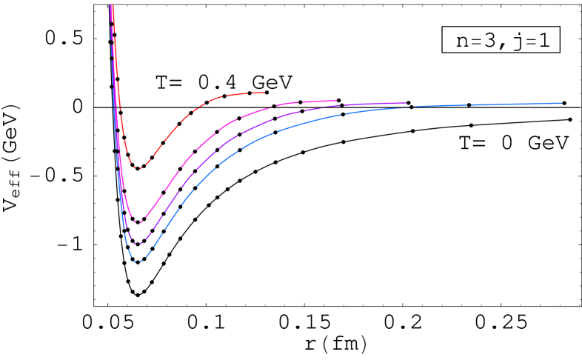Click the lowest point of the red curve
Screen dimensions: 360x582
point(138,168)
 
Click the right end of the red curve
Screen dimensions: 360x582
point(265,93)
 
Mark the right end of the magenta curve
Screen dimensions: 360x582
point(337,101)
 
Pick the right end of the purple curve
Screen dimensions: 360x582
point(407,104)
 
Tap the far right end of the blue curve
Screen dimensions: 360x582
point(562,103)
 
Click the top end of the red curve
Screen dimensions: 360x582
point(112,6)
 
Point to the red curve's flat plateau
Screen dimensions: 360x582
point(244,93)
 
